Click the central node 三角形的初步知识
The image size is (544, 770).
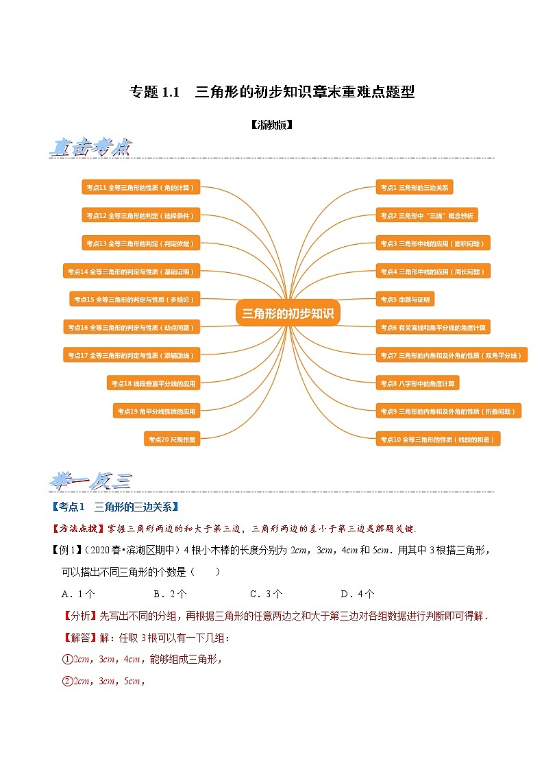tap(288, 313)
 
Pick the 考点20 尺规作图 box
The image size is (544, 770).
tap(172, 439)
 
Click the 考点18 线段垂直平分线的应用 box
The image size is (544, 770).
tap(153, 383)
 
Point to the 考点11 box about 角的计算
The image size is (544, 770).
tap(140, 187)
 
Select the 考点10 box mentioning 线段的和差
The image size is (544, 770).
tap(438, 439)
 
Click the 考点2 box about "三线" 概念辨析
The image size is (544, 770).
tap(426, 215)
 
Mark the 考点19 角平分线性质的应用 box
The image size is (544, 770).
tap(156, 411)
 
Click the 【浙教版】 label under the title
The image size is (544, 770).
tap(271, 125)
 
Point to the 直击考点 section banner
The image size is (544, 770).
tap(90, 147)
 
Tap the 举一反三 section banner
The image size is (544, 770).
tap(90, 481)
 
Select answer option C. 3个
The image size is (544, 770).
tap(267, 594)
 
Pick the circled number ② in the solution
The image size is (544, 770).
tap(67, 682)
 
